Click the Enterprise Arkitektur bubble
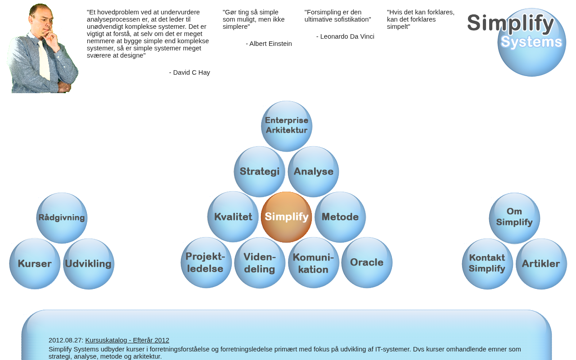(287, 126)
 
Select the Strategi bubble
(260, 171)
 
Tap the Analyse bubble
(313, 171)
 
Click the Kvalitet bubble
(233, 217)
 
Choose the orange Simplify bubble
(287, 217)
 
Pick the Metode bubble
(340, 217)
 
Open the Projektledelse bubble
(206, 262)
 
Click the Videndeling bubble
(260, 262)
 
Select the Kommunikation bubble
(313, 262)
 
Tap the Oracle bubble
(367, 262)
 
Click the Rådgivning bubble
(62, 218)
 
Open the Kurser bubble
(35, 264)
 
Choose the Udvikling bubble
(89, 264)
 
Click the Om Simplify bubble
(514, 218)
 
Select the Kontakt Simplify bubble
(487, 264)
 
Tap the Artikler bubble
(541, 264)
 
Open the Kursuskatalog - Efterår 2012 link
(127, 340)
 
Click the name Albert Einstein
(270, 44)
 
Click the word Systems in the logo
(531, 42)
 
